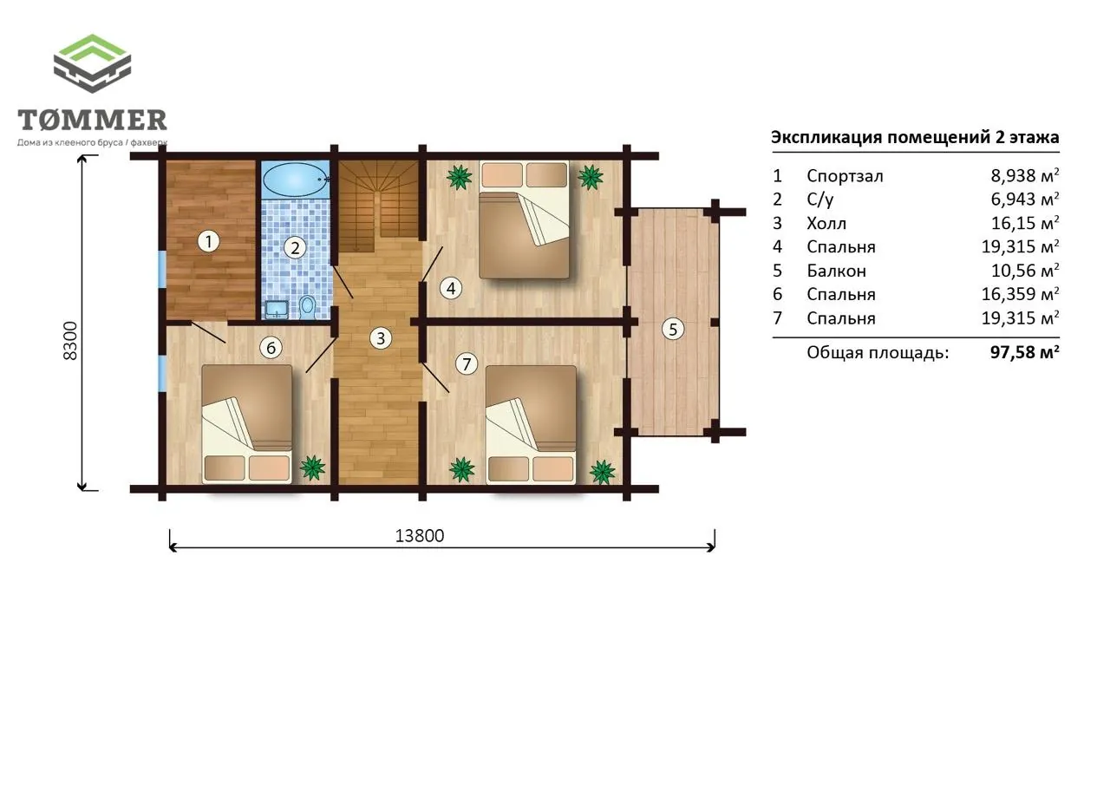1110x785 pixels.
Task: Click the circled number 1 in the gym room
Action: tap(209, 242)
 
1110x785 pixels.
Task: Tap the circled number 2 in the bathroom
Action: tap(295, 247)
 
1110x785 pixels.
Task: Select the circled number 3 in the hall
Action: tap(381, 338)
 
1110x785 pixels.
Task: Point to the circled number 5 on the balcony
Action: tap(673, 329)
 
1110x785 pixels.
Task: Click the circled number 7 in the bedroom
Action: tap(467, 364)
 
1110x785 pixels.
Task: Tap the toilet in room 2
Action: tap(307, 307)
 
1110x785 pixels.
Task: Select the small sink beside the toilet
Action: tap(277, 310)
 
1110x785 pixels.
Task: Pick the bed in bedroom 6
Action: tap(247, 423)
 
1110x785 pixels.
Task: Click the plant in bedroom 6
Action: tap(313, 468)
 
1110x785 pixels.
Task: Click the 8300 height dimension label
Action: tap(71, 341)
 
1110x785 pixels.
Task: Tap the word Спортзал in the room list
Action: tap(845, 176)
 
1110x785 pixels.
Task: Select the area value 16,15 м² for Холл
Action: tap(1025, 223)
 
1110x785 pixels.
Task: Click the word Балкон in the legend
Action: tap(837, 271)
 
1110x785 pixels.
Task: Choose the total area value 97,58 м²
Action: tap(1025, 352)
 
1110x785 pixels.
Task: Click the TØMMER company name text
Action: tap(92, 120)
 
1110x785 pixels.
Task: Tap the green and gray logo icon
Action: tap(92, 63)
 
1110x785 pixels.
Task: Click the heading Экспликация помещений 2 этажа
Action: tap(915, 137)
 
